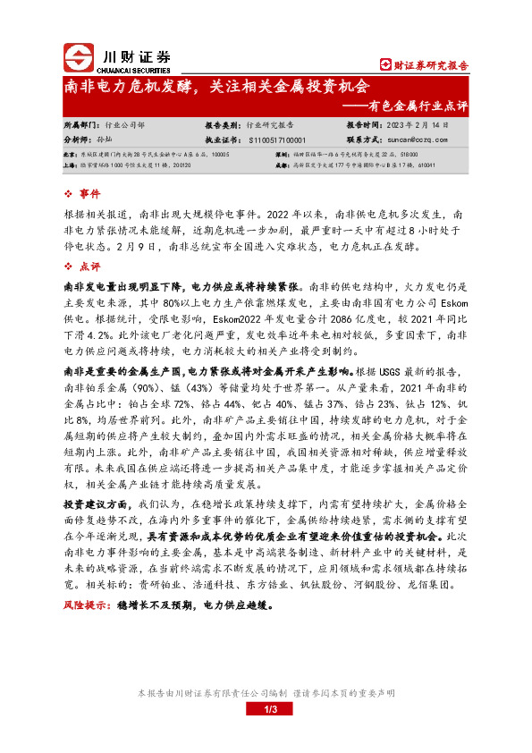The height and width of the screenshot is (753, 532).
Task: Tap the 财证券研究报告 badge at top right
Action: pos(424,64)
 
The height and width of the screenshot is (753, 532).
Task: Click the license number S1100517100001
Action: pos(274,140)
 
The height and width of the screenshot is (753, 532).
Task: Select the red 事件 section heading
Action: pos(90,194)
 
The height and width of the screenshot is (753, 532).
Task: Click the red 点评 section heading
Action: pos(90,267)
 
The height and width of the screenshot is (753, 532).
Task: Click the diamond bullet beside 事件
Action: pos(69,194)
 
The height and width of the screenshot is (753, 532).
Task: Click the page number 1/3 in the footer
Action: pos(266,710)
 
